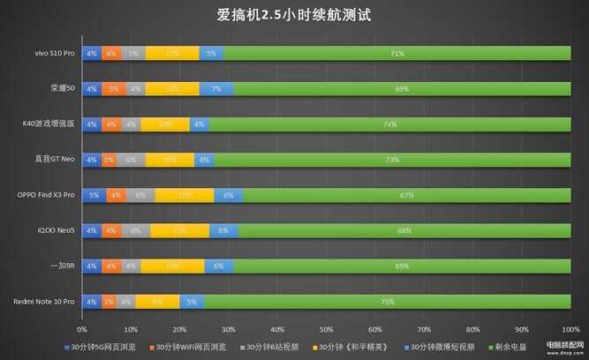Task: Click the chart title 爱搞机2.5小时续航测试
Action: tap(294, 15)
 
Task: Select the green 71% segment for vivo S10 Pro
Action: tap(396, 54)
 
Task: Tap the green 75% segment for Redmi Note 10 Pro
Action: tap(387, 301)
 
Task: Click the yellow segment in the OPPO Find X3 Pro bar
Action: tap(185, 195)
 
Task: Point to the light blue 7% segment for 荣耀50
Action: tap(216, 89)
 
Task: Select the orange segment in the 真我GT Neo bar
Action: tap(109, 160)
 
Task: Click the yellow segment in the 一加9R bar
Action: tap(172, 266)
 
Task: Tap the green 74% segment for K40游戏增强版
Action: tap(389, 124)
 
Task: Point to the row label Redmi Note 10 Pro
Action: tap(44, 301)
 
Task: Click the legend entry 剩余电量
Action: tap(507, 347)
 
